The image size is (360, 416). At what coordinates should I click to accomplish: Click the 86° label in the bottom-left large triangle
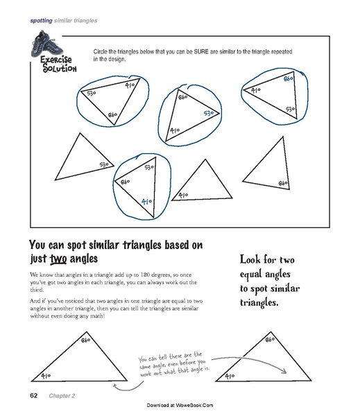86,341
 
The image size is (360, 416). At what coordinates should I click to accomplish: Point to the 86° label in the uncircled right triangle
283,182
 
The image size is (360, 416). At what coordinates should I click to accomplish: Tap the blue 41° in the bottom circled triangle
146,202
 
